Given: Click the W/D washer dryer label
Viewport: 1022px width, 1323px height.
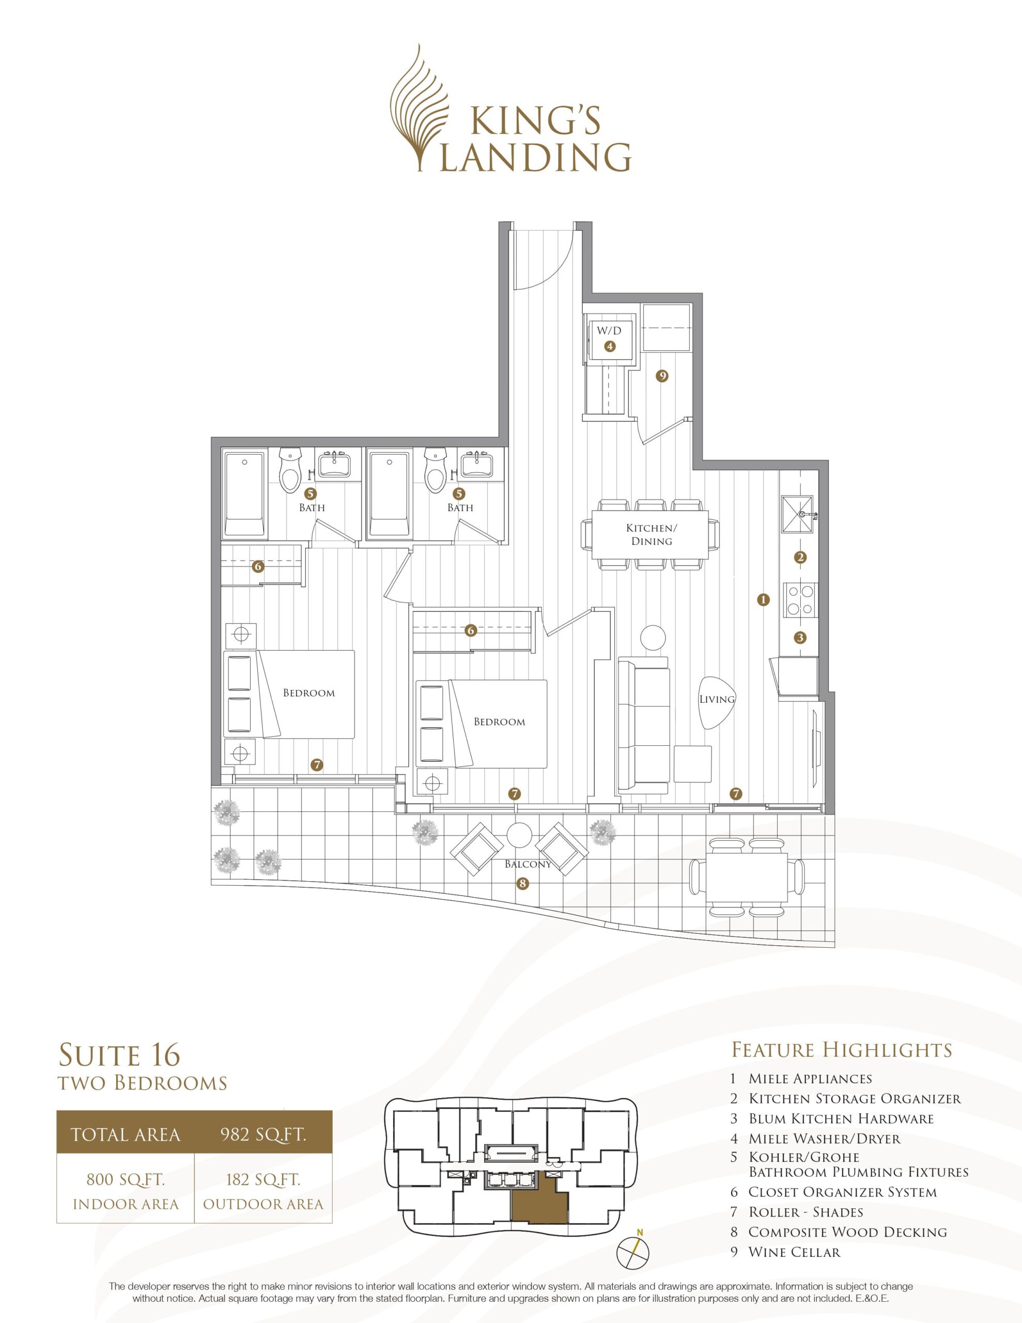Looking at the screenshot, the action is [610, 331].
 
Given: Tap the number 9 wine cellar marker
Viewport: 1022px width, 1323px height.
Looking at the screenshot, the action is [662, 376].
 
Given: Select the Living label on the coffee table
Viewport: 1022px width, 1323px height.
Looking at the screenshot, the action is [717, 699].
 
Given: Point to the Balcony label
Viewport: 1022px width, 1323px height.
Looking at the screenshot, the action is [528, 865].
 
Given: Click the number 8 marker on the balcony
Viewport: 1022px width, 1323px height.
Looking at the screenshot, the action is [523, 884].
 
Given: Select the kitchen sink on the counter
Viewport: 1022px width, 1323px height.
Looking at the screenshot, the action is [800, 514].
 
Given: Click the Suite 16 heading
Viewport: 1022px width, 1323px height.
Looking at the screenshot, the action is [119, 1055].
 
